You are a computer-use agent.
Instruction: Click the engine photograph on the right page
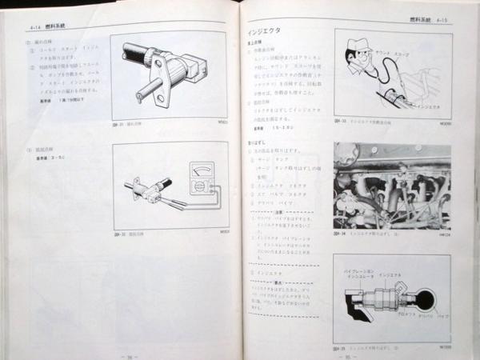pyautogui.click(x=392, y=186)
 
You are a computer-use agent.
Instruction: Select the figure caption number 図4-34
pyautogui.click(x=341, y=235)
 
